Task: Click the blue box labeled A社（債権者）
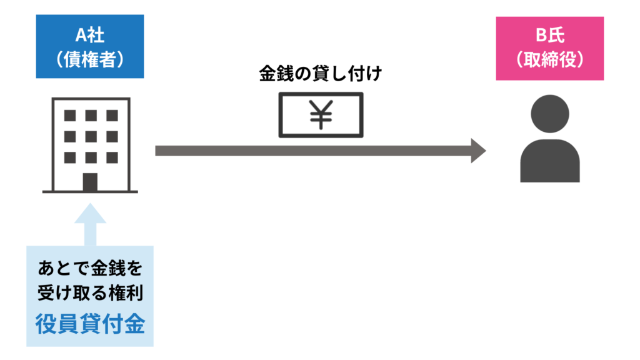tap(90, 46)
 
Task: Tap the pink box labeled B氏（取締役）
tap(549, 48)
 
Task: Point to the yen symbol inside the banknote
tap(320, 115)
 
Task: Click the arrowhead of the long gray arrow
tap(478, 151)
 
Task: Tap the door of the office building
tap(90, 181)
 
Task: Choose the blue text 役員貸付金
tap(90, 325)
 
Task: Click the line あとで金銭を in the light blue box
tap(90, 269)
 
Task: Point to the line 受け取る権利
tap(90, 295)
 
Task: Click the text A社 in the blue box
tap(90, 34)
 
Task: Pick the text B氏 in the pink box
tap(549, 35)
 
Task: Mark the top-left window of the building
tap(70, 116)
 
